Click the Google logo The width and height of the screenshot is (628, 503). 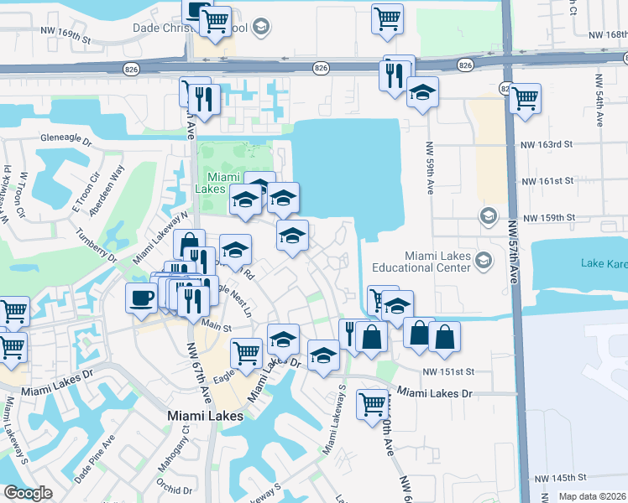[28, 493]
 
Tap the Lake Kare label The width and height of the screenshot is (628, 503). [604, 263]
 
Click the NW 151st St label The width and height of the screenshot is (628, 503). [449, 371]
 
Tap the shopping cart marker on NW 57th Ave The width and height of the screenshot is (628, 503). [525, 98]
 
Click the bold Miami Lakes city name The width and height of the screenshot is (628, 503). [206, 416]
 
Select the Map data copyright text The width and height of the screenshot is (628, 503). [591, 496]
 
